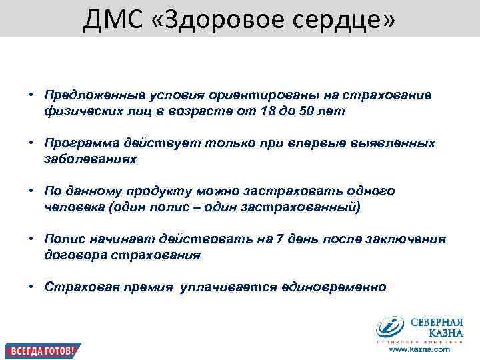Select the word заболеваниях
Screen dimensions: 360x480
click(90, 159)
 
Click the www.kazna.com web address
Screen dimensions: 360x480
click(421, 349)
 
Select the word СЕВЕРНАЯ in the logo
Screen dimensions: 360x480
click(437, 321)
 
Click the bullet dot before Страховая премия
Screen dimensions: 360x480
click(31, 287)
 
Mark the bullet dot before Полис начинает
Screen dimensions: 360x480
click(31, 239)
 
